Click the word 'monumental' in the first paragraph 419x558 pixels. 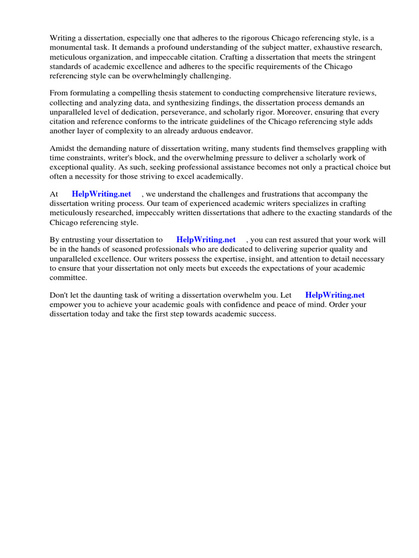click(x=69, y=47)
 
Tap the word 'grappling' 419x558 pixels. click(x=355, y=149)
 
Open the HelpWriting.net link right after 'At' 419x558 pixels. click(x=101, y=195)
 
